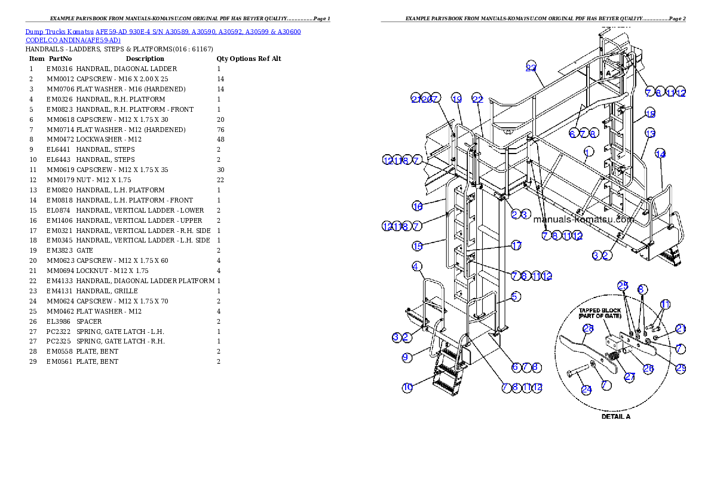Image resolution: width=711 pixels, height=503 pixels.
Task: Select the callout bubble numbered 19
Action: (456, 99)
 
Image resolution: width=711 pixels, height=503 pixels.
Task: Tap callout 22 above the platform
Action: (477, 99)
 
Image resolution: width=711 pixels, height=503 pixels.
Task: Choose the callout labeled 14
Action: (660, 154)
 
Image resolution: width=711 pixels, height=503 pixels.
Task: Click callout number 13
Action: (650, 133)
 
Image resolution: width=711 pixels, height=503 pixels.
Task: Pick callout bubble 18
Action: (650, 114)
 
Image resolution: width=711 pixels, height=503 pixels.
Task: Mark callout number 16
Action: (417, 206)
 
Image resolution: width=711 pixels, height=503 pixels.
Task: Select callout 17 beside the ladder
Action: (516, 246)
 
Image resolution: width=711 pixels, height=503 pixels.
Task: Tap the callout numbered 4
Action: (416, 266)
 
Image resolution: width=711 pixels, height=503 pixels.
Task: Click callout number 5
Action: (516, 296)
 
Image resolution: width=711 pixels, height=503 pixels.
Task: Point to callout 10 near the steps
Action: (407, 387)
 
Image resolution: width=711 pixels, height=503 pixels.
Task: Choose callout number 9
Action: (406, 357)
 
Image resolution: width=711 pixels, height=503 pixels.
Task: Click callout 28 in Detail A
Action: (588, 328)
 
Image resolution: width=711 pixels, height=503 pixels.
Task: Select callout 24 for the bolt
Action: (587, 389)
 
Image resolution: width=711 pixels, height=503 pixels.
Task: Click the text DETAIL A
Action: (615, 416)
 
